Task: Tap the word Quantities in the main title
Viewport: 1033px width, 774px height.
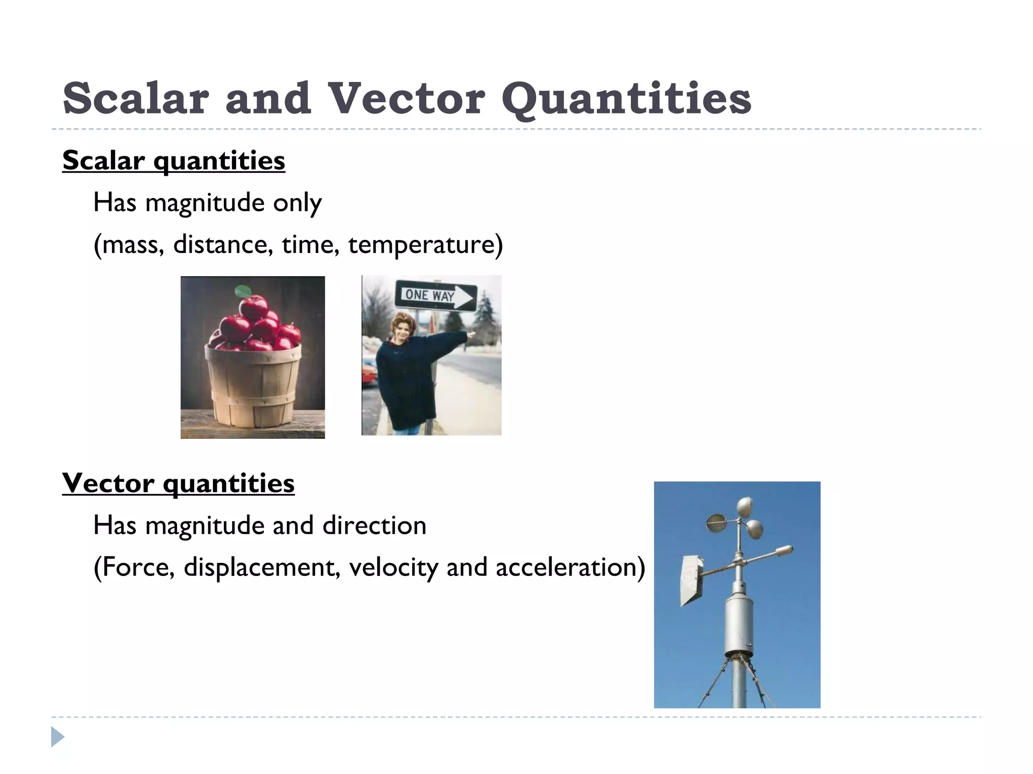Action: tap(626, 99)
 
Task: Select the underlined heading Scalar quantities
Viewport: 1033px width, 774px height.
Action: tap(174, 161)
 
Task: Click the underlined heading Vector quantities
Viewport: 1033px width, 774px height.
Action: tap(178, 483)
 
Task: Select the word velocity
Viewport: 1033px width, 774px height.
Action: tap(393, 567)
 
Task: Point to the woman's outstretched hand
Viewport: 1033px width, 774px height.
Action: tap(470, 334)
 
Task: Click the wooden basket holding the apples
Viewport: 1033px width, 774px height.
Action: tap(254, 385)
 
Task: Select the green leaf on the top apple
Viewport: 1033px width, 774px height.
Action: tap(244, 291)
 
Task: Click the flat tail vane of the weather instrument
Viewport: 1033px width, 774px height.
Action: tap(690, 579)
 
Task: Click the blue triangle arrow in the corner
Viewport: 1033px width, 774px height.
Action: tap(58, 737)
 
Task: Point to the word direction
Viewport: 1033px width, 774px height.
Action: tap(374, 526)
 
